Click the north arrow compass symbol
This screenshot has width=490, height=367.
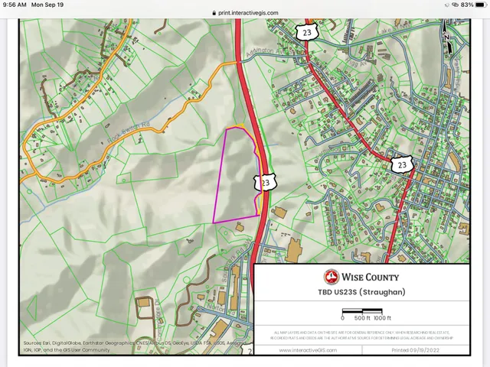point(447,37)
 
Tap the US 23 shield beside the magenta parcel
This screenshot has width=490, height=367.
point(265,182)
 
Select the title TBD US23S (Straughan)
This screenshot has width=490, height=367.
point(361,292)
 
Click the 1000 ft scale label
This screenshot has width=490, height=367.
point(382,317)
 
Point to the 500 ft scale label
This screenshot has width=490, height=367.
point(362,317)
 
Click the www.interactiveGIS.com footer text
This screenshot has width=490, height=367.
point(305,350)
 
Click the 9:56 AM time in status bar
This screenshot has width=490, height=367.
point(15,5)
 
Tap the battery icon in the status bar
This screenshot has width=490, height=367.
point(479,5)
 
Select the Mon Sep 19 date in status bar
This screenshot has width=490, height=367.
point(47,5)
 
